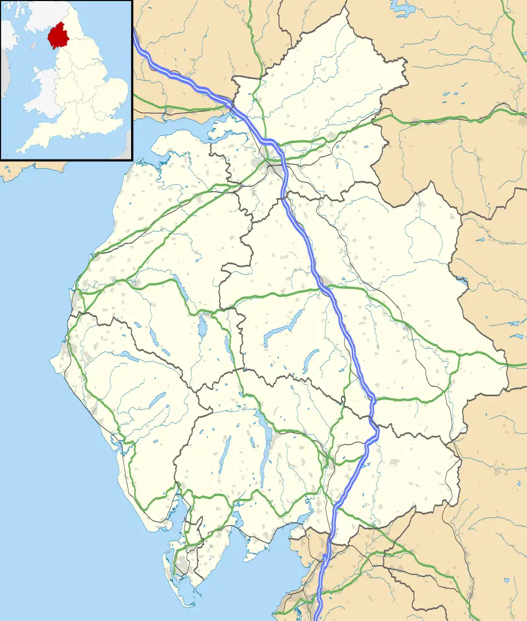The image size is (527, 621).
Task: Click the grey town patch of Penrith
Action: click(326, 282)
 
